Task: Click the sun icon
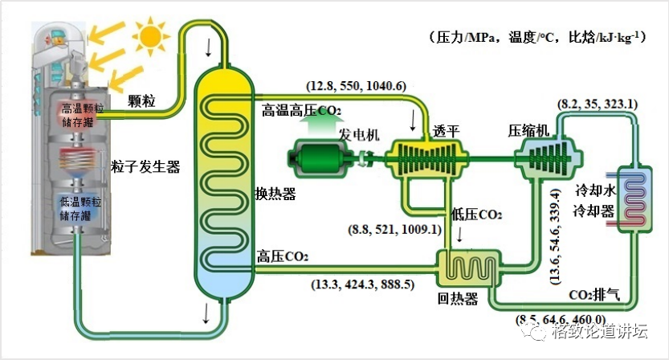pyautogui.click(x=149, y=35)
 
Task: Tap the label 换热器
pyautogui.click(x=275, y=194)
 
